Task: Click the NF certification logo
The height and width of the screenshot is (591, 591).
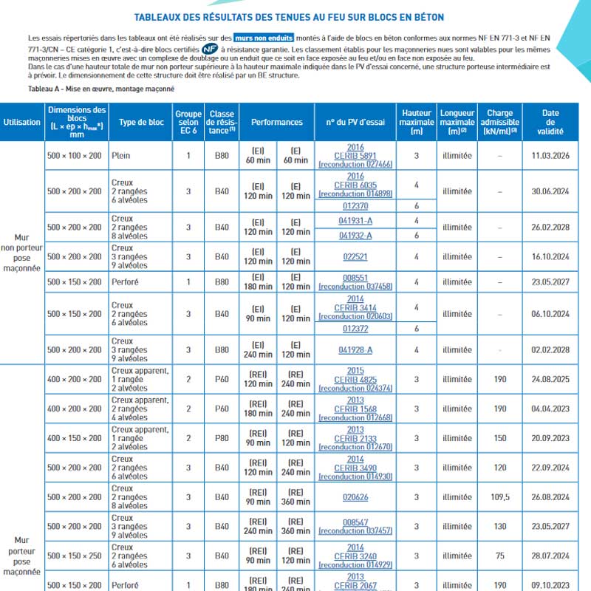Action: [210, 49]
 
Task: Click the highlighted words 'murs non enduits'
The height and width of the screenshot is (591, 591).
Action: [264, 37]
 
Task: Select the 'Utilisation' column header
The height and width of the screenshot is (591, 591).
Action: [22, 122]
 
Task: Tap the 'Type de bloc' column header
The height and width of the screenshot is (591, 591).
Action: [141, 122]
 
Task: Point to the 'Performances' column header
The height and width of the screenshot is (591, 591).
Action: [277, 122]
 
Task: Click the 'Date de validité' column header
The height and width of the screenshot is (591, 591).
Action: [551, 122]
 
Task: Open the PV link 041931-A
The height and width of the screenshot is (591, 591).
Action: [355, 220]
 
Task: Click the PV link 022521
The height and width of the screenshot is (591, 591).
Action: [355, 256]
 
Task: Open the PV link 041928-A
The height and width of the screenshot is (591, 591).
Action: [355, 349]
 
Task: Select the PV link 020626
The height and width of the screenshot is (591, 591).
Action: [355, 497]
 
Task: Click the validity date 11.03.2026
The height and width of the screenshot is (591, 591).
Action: [551, 156]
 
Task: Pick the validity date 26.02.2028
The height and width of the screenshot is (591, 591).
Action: [551, 227]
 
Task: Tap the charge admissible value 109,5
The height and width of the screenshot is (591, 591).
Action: [501, 497]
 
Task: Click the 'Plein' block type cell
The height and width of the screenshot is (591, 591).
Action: [121, 156]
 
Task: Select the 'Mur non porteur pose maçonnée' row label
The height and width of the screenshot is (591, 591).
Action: [22, 253]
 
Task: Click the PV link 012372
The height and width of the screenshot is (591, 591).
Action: [355, 328]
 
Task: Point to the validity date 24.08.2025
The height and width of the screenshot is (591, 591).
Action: [551, 379]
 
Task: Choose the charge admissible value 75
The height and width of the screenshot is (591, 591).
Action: [501, 556]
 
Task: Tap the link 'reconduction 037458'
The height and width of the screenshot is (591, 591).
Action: [355, 286]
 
